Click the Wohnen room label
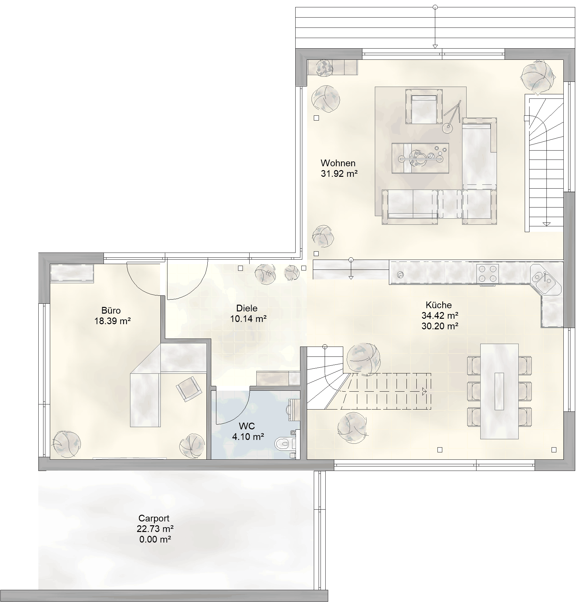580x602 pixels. pos(338,163)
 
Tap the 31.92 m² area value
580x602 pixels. pos(339,174)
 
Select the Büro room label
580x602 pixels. pos(111,310)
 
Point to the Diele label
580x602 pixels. pos(247,308)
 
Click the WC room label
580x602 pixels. pos(247,426)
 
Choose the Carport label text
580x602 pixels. pos(154,518)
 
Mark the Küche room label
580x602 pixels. pos(438,305)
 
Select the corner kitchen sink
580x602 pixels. pos(546,280)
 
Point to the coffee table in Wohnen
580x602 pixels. pos(420,158)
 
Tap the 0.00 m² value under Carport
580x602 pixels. pos(155,539)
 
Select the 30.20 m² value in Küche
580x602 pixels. pos(440,326)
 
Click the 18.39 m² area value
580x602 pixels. pos(112,321)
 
